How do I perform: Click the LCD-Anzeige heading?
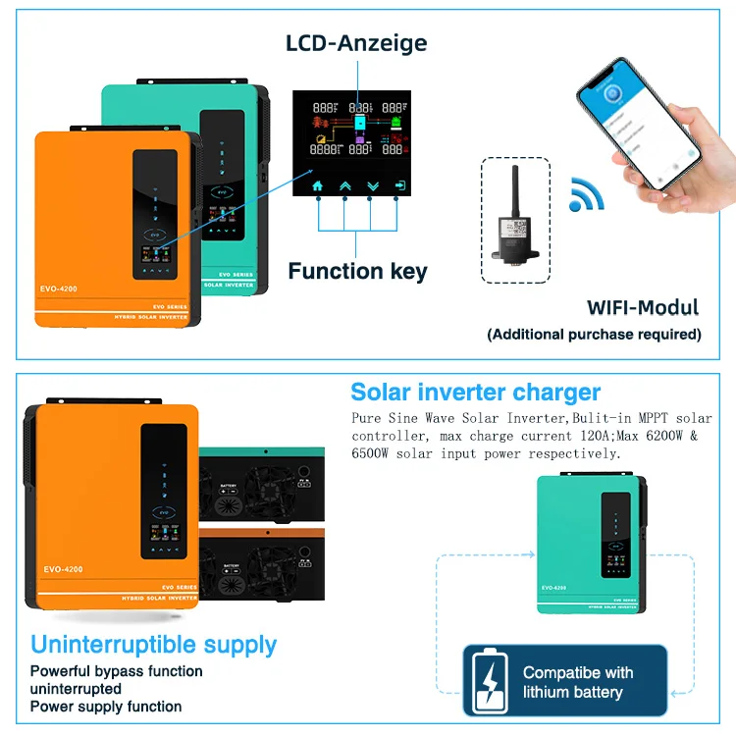[x=356, y=43]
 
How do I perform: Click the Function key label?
[x=357, y=271]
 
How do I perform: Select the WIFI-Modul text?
[x=643, y=307]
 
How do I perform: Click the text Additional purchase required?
[x=595, y=334]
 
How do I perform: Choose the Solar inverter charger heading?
[x=475, y=393]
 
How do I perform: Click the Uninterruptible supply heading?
[x=153, y=645]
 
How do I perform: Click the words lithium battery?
[x=572, y=692]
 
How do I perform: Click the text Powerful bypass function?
[x=116, y=671]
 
